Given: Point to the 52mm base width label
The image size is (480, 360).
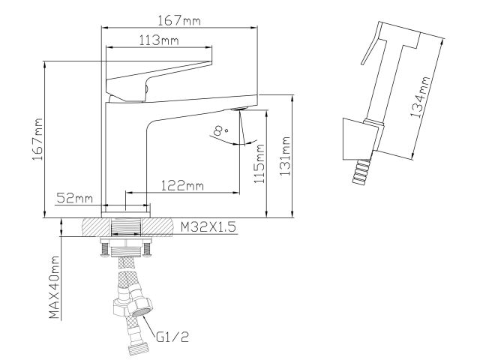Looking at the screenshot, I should point(74,198).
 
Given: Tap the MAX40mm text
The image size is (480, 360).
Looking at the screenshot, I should point(55,287).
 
